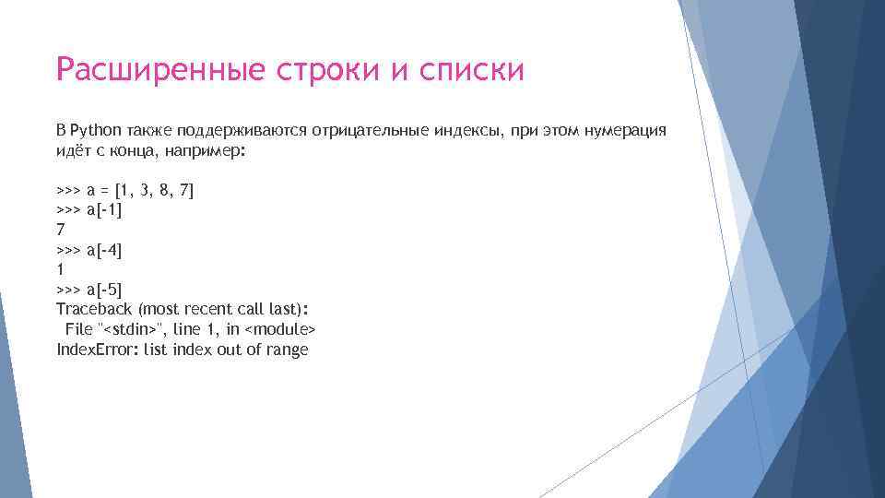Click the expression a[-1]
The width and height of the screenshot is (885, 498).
coord(104,210)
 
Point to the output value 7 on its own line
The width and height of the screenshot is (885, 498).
coord(60,230)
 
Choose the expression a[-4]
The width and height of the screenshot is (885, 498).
coord(104,250)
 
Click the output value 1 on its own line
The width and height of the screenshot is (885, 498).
coord(60,269)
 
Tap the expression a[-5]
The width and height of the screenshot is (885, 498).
coord(104,290)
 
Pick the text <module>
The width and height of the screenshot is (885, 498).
coord(280,329)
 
